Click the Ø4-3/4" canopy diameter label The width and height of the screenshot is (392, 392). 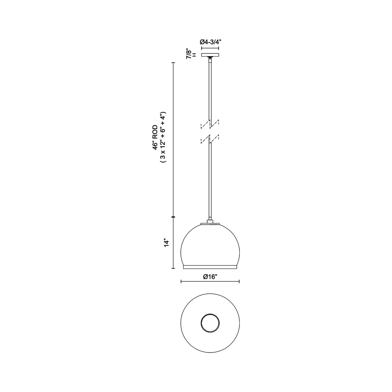[211, 42]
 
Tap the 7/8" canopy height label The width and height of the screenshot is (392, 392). [189, 54]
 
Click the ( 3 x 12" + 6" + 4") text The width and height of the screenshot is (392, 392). [162, 137]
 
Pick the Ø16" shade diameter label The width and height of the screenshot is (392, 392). [210, 277]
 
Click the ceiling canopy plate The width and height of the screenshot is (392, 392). [210, 55]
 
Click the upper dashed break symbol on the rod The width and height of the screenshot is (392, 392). [210, 124]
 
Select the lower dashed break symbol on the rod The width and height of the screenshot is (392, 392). [210, 139]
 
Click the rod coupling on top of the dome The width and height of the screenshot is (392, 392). [210, 222]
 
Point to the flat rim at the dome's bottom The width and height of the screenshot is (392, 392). [210, 267]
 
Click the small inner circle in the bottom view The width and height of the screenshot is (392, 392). [210, 323]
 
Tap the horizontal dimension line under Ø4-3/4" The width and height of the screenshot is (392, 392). [210, 48]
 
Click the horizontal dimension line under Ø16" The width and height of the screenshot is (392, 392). [210, 282]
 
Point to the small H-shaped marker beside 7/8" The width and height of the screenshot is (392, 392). [194, 55]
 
